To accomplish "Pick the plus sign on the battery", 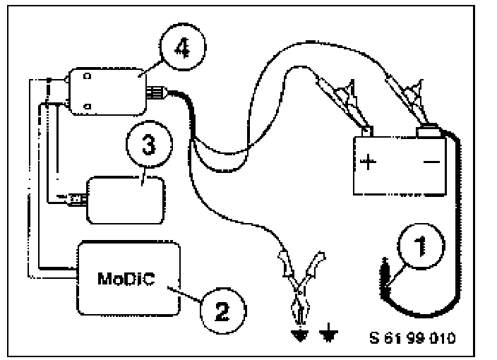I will [369, 162].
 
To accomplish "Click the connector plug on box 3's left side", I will [73, 198].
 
